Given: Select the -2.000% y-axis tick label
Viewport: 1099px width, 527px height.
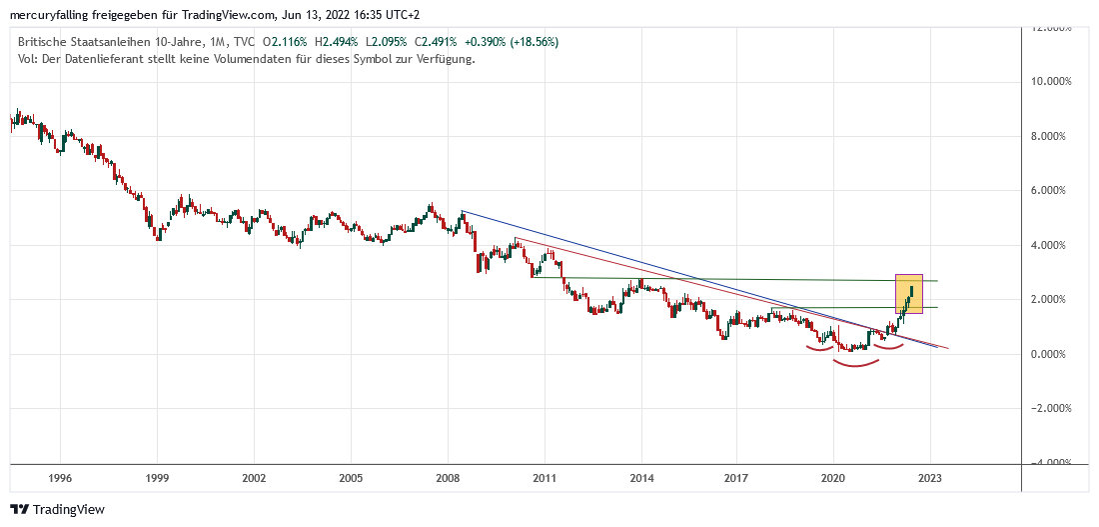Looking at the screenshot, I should pyautogui.click(x=1050, y=408).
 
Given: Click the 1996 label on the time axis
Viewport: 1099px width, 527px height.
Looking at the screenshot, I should pyautogui.click(x=59, y=478).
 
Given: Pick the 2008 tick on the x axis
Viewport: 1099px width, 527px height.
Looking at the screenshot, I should pyautogui.click(x=448, y=478).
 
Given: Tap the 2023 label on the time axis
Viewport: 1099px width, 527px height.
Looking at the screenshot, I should pyautogui.click(x=930, y=478).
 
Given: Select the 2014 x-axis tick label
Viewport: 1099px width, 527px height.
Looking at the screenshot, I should pyautogui.click(x=641, y=478).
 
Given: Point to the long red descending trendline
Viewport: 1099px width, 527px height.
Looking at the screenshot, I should pyautogui.click(x=699, y=290).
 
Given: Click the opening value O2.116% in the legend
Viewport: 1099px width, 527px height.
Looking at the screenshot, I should pyautogui.click(x=286, y=42).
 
